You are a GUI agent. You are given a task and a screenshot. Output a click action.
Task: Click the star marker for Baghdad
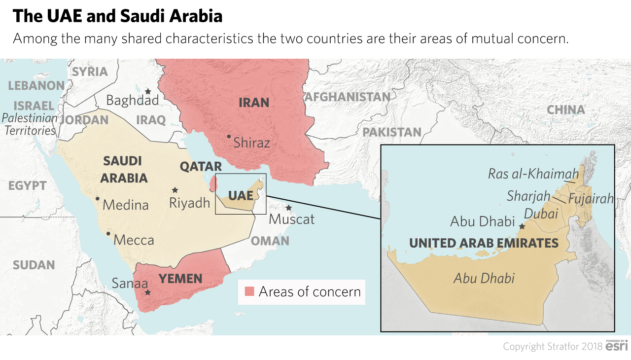tap(147, 91)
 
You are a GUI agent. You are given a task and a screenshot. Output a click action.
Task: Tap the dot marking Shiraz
tap(229, 136)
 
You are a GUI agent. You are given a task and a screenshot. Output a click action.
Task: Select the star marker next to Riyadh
tap(175, 190)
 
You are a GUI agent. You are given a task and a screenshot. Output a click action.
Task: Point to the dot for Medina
tap(98, 199)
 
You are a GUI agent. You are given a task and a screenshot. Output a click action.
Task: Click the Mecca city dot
tap(108, 234)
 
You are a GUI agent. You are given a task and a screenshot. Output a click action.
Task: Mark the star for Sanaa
tap(147, 292)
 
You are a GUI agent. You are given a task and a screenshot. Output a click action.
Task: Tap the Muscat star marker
tap(288, 208)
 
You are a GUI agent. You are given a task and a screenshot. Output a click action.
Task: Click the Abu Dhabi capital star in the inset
tap(522, 226)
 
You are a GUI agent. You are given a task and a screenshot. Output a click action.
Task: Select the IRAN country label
tap(254, 103)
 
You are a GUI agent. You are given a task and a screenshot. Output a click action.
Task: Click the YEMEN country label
tap(180, 279)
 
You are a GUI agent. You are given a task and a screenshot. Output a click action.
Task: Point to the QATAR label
tap(201, 166)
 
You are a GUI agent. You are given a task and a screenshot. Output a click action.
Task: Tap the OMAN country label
tap(270, 241)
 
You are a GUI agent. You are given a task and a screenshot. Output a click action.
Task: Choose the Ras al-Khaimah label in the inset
tap(533, 174)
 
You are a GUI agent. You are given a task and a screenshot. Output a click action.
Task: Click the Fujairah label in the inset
tap(591, 199)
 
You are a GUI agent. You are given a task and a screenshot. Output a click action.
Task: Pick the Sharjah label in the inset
tap(528, 196)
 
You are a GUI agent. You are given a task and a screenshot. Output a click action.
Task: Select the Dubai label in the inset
tap(541, 214)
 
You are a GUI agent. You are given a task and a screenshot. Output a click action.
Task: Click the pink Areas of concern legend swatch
tap(249, 291)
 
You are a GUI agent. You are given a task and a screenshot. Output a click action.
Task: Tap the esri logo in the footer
tap(616, 346)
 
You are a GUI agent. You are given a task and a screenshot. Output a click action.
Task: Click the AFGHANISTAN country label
tap(348, 97)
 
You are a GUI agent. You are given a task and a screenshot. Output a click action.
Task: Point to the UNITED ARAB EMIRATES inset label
tap(484, 243)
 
